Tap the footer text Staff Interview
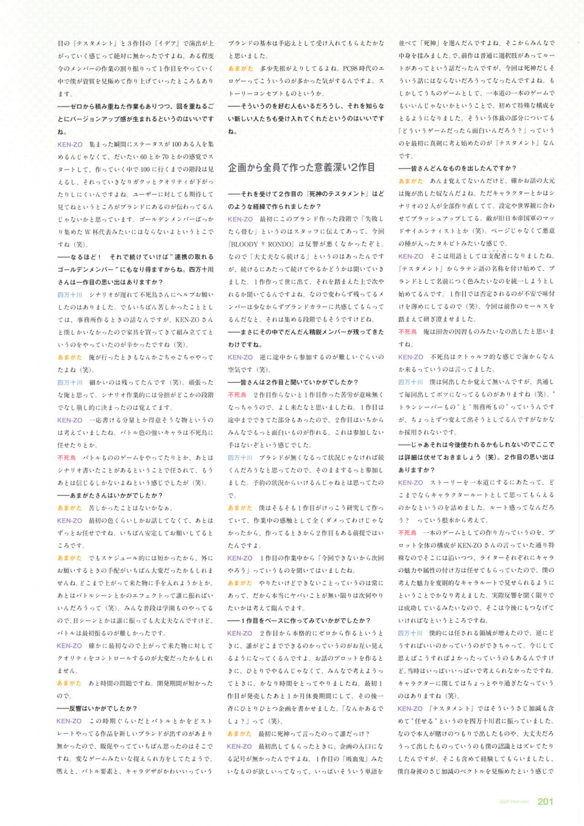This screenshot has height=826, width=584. point(514,802)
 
